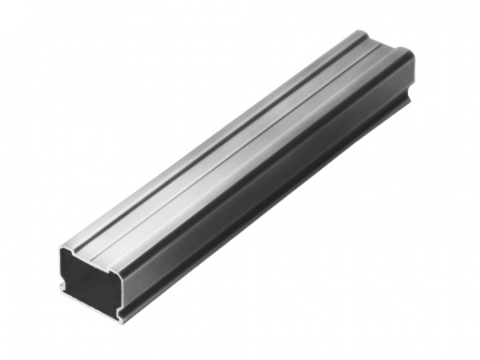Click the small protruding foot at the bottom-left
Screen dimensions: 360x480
click(61, 288)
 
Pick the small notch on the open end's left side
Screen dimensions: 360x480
click(63, 282)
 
